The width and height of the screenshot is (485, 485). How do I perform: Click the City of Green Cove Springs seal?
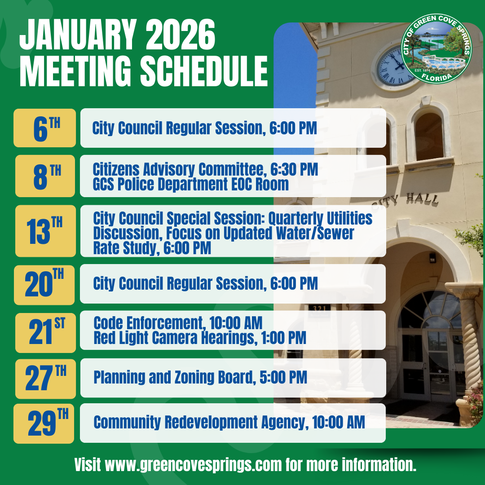tap(436, 48)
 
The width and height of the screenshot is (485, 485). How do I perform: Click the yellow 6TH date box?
tap(44, 128)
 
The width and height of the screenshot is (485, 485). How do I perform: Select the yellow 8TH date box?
tap(45, 176)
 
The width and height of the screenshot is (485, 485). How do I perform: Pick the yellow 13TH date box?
tap(45, 231)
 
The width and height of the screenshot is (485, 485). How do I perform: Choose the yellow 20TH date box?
tap(44, 285)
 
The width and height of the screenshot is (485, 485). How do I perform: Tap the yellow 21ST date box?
tap(45, 333)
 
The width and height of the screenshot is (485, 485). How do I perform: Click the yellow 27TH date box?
tap(45, 379)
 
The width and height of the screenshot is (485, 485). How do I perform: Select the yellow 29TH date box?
tap(44, 423)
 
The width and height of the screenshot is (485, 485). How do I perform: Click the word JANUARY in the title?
tap(78, 35)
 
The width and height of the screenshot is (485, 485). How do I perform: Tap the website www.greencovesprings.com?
tap(194, 465)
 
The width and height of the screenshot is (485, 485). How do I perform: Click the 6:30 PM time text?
tap(294, 169)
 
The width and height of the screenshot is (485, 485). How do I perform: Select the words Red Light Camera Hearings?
tap(176, 337)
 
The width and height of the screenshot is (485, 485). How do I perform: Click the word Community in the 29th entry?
tap(127, 422)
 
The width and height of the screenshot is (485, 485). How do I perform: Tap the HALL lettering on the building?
tap(422, 198)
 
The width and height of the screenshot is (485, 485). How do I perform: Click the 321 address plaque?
tap(319, 309)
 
